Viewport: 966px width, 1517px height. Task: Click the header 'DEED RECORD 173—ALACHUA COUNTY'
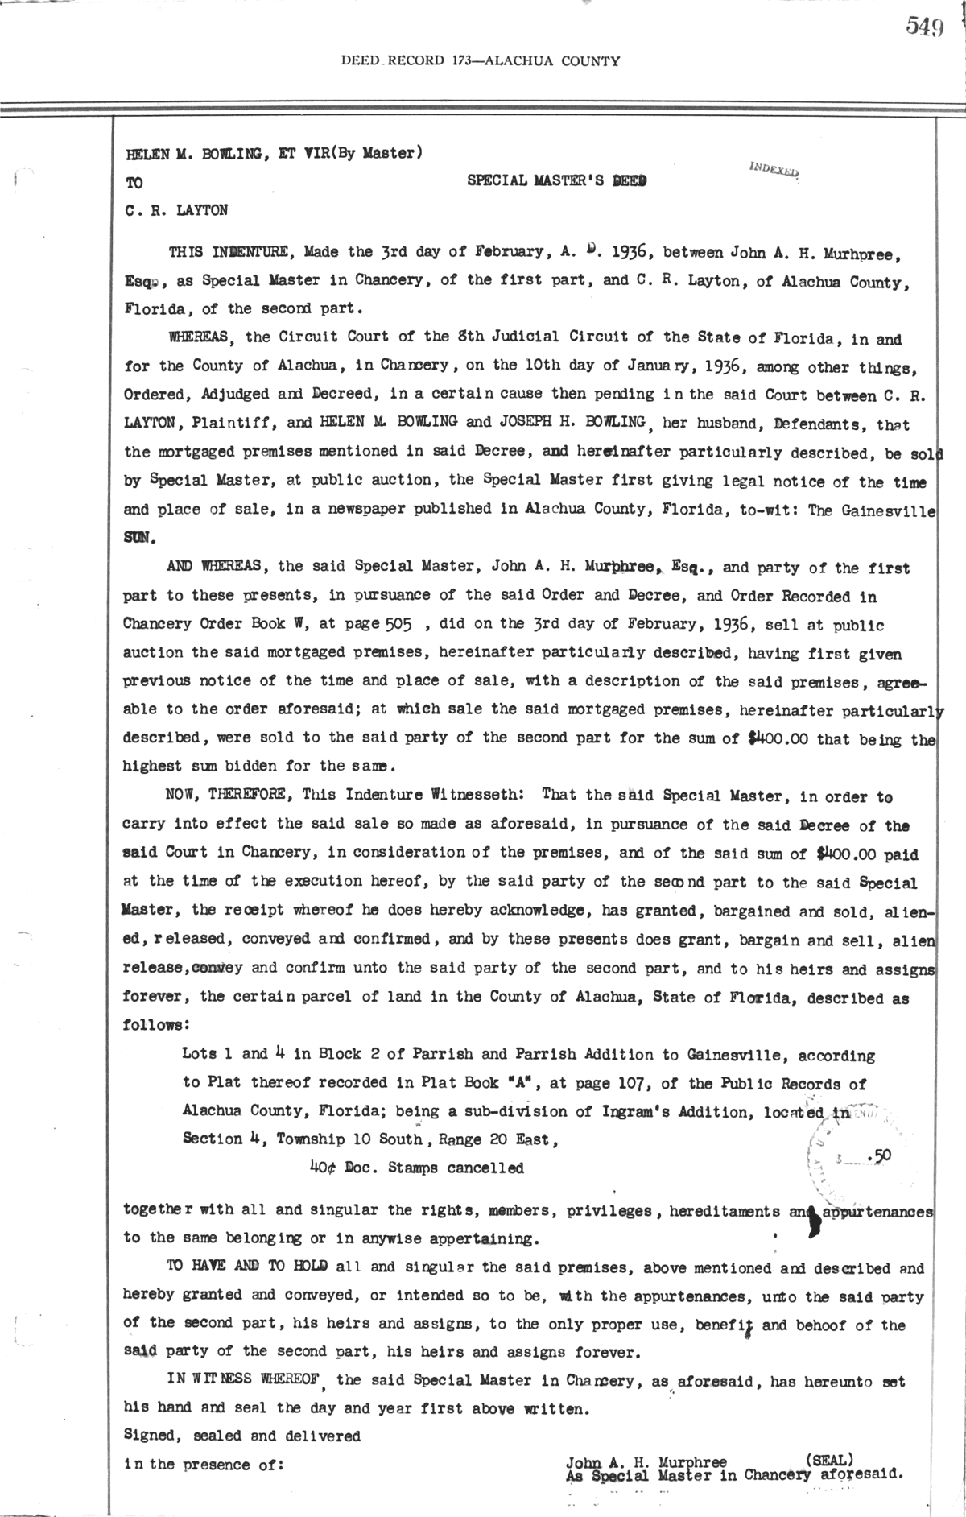point(481,60)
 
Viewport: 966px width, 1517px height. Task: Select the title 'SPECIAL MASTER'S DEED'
point(557,182)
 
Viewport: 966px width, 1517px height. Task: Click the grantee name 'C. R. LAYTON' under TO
point(176,211)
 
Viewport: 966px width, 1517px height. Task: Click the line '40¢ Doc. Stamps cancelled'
point(416,1167)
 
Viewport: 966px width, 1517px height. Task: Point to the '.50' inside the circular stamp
point(880,1155)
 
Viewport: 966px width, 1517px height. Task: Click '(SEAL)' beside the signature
point(829,1458)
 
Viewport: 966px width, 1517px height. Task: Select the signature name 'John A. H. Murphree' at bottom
point(646,1462)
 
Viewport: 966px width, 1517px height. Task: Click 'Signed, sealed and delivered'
point(242,1435)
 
